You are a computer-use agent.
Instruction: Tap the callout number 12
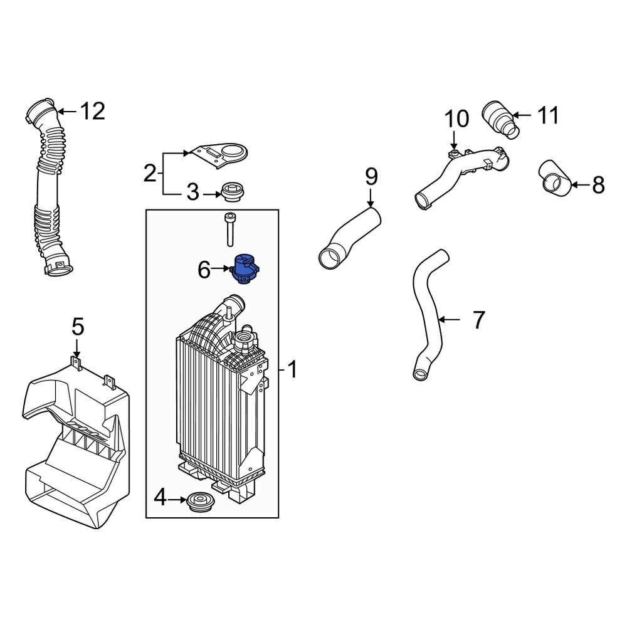click(x=92, y=112)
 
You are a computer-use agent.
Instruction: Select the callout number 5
click(x=76, y=327)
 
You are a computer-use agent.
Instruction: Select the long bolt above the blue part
click(x=229, y=231)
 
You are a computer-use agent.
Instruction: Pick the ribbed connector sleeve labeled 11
click(x=499, y=119)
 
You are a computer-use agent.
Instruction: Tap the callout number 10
click(x=457, y=119)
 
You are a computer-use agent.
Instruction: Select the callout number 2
click(x=149, y=172)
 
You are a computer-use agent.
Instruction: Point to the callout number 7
click(x=478, y=320)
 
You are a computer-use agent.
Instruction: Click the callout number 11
click(x=547, y=115)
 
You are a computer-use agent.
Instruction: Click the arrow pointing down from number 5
click(x=76, y=348)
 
